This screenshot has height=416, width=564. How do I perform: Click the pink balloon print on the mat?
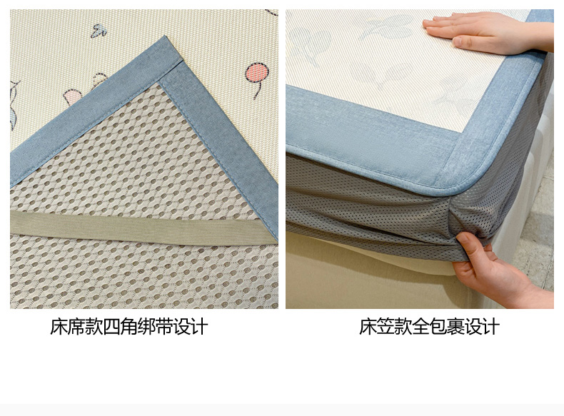[x=257, y=72]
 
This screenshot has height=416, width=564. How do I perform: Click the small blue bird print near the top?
[x=99, y=31]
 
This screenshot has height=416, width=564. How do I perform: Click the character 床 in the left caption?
[x=59, y=327]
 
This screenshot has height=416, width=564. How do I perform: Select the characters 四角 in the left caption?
[x=120, y=327]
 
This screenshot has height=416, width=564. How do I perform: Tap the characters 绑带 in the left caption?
[x=156, y=327]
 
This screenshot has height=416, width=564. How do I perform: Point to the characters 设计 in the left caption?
[x=191, y=327]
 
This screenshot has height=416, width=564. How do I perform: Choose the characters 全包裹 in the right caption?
[x=438, y=327]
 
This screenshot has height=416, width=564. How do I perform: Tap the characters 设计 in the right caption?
[x=482, y=327]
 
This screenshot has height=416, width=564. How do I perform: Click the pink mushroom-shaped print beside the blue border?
[x=72, y=97]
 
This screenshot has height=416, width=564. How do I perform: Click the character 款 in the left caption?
[x=94, y=327]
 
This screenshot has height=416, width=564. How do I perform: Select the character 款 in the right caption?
[x=403, y=327]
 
